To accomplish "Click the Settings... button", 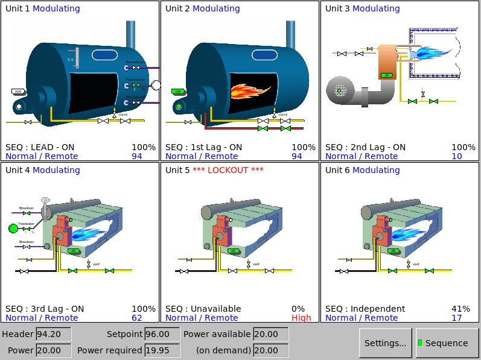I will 385,343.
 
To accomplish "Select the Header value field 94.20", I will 53,334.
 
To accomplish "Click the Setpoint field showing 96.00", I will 162,334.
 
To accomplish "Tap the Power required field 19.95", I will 162,350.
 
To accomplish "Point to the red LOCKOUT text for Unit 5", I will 228,170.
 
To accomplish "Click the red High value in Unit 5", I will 301,318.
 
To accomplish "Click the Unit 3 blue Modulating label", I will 376,8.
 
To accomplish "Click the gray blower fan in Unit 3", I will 340,90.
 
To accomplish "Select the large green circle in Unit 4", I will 13,228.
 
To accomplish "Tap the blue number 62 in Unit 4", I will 136,318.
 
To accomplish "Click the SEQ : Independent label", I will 365,309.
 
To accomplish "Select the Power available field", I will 270,334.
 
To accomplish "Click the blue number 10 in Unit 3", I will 456,156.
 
